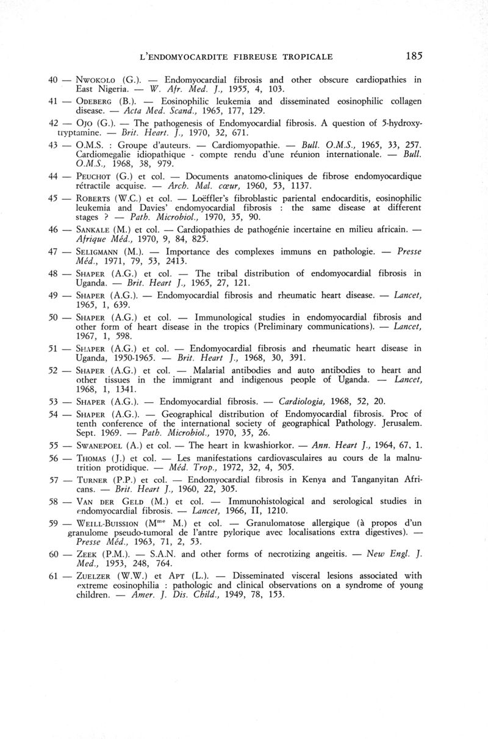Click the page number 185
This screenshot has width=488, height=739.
click(413, 56)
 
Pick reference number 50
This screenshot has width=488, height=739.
click(53, 317)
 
